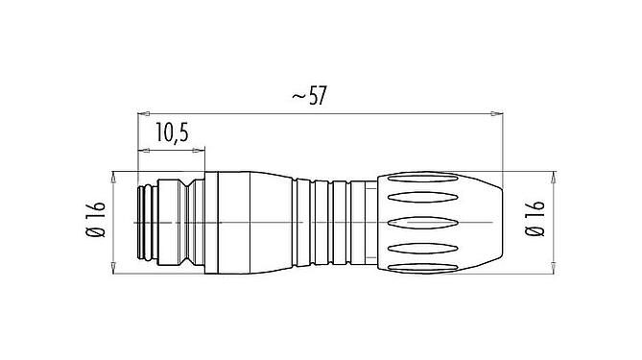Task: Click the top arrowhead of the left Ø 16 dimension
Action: (x=114, y=177)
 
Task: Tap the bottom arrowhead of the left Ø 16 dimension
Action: (x=114, y=265)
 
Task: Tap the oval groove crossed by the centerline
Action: (x=432, y=222)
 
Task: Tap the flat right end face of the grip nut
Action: (x=498, y=222)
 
